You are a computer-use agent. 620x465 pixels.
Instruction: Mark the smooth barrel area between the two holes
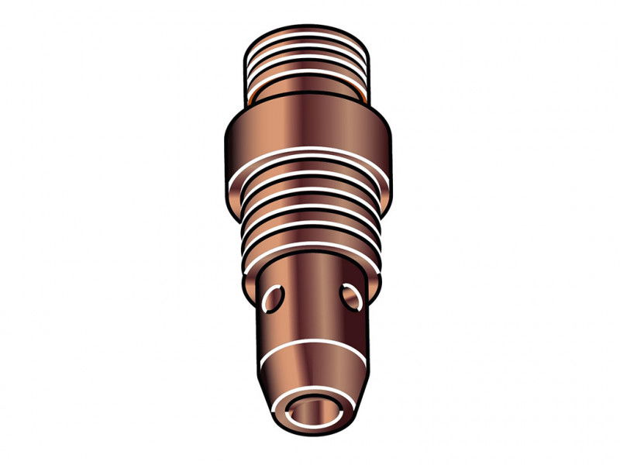pyautogui.click(x=310, y=298)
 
